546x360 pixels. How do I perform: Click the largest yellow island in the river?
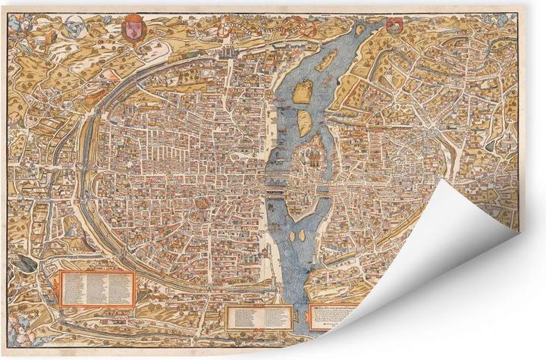coord(303,93)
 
